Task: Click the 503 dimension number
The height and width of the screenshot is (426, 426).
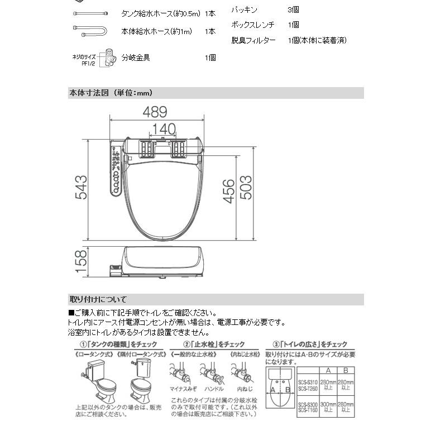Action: coord(246,188)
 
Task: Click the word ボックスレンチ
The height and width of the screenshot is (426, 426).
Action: coord(254,25)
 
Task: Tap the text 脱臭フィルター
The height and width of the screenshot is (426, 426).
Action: coord(253,40)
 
